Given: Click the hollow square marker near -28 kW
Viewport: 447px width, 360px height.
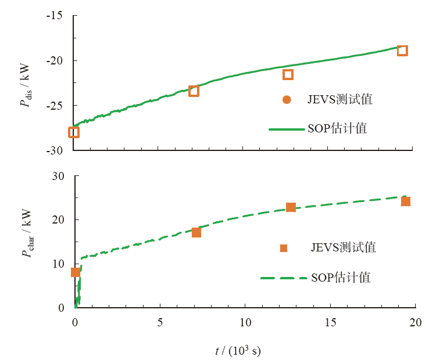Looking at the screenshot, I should coord(74,132).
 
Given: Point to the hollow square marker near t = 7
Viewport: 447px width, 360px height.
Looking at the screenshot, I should coord(194,91).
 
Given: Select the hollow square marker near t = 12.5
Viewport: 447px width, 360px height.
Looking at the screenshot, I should coord(288,74).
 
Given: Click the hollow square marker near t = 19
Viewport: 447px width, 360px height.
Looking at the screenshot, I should coord(402,51).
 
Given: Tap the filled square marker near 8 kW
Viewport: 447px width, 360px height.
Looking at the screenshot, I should coord(75,272).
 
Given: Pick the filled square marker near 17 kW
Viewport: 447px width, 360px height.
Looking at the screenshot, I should coord(196,232).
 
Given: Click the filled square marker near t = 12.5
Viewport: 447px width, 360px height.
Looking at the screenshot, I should coord(291,207).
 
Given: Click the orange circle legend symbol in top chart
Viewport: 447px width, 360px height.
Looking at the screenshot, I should coord(286,99).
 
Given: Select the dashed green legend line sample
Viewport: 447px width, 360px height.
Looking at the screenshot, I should coord(283,278).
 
